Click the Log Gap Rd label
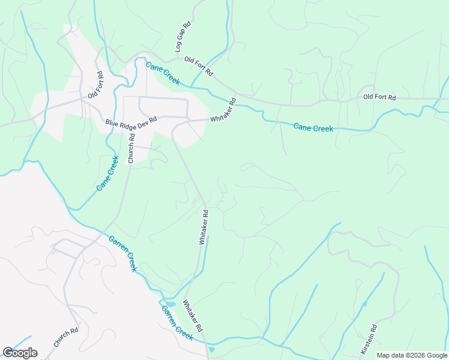click(x=182, y=37)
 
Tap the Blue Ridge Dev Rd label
click(x=131, y=120)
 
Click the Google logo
click(x=20, y=353)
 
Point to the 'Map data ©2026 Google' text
click(x=412, y=355)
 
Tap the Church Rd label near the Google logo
click(x=66, y=337)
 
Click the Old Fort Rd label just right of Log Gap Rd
click(x=199, y=65)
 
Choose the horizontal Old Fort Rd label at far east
click(x=380, y=97)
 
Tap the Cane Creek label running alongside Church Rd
click(x=106, y=173)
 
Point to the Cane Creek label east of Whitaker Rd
click(x=313, y=127)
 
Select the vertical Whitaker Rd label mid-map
click(x=204, y=227)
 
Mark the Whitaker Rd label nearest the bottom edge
click(x=193, y=316)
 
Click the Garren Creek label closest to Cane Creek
click(x=122, y=253)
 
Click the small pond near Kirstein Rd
click(x=364, y=304)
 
